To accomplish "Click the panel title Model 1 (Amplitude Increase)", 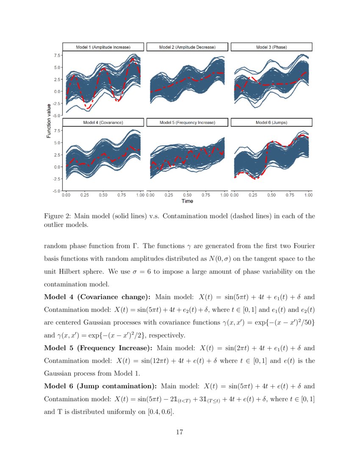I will (103, 47).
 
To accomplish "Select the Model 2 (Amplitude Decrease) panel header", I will (187, 47).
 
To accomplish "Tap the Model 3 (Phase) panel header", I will (271, 47).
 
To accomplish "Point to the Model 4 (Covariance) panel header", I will (103, 122).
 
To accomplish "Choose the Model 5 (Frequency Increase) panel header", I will (187, 122).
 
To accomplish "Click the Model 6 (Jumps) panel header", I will (271, 122).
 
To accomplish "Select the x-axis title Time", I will (187, 201).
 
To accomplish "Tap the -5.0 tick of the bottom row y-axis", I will (56, 191).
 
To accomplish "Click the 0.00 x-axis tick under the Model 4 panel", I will (66, 195).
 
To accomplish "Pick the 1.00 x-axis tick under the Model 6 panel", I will (308, 195).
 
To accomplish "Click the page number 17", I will (180, 432).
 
